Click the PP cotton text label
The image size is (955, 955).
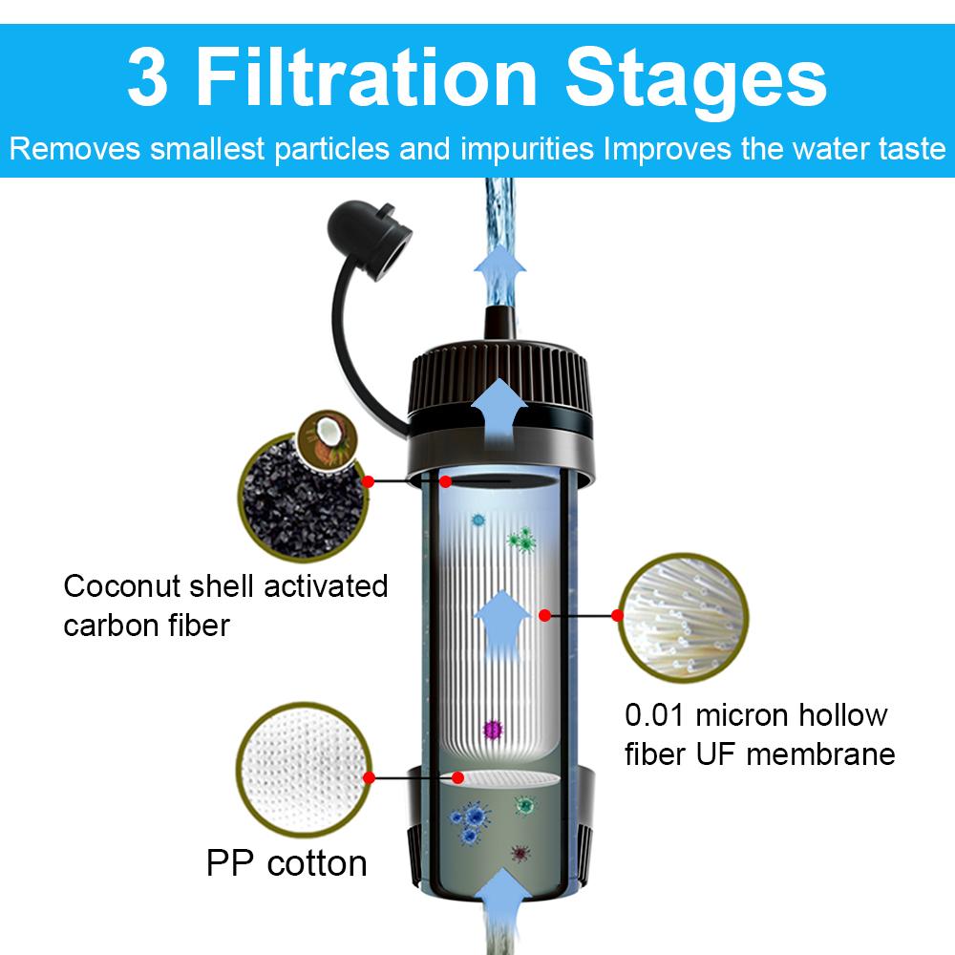click(x=286, y=863)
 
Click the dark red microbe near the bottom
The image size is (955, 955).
click(x=519, y=852)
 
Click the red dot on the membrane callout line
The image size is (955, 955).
click(x=545, y=615)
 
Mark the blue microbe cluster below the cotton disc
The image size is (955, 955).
click(x=471, y=822)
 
